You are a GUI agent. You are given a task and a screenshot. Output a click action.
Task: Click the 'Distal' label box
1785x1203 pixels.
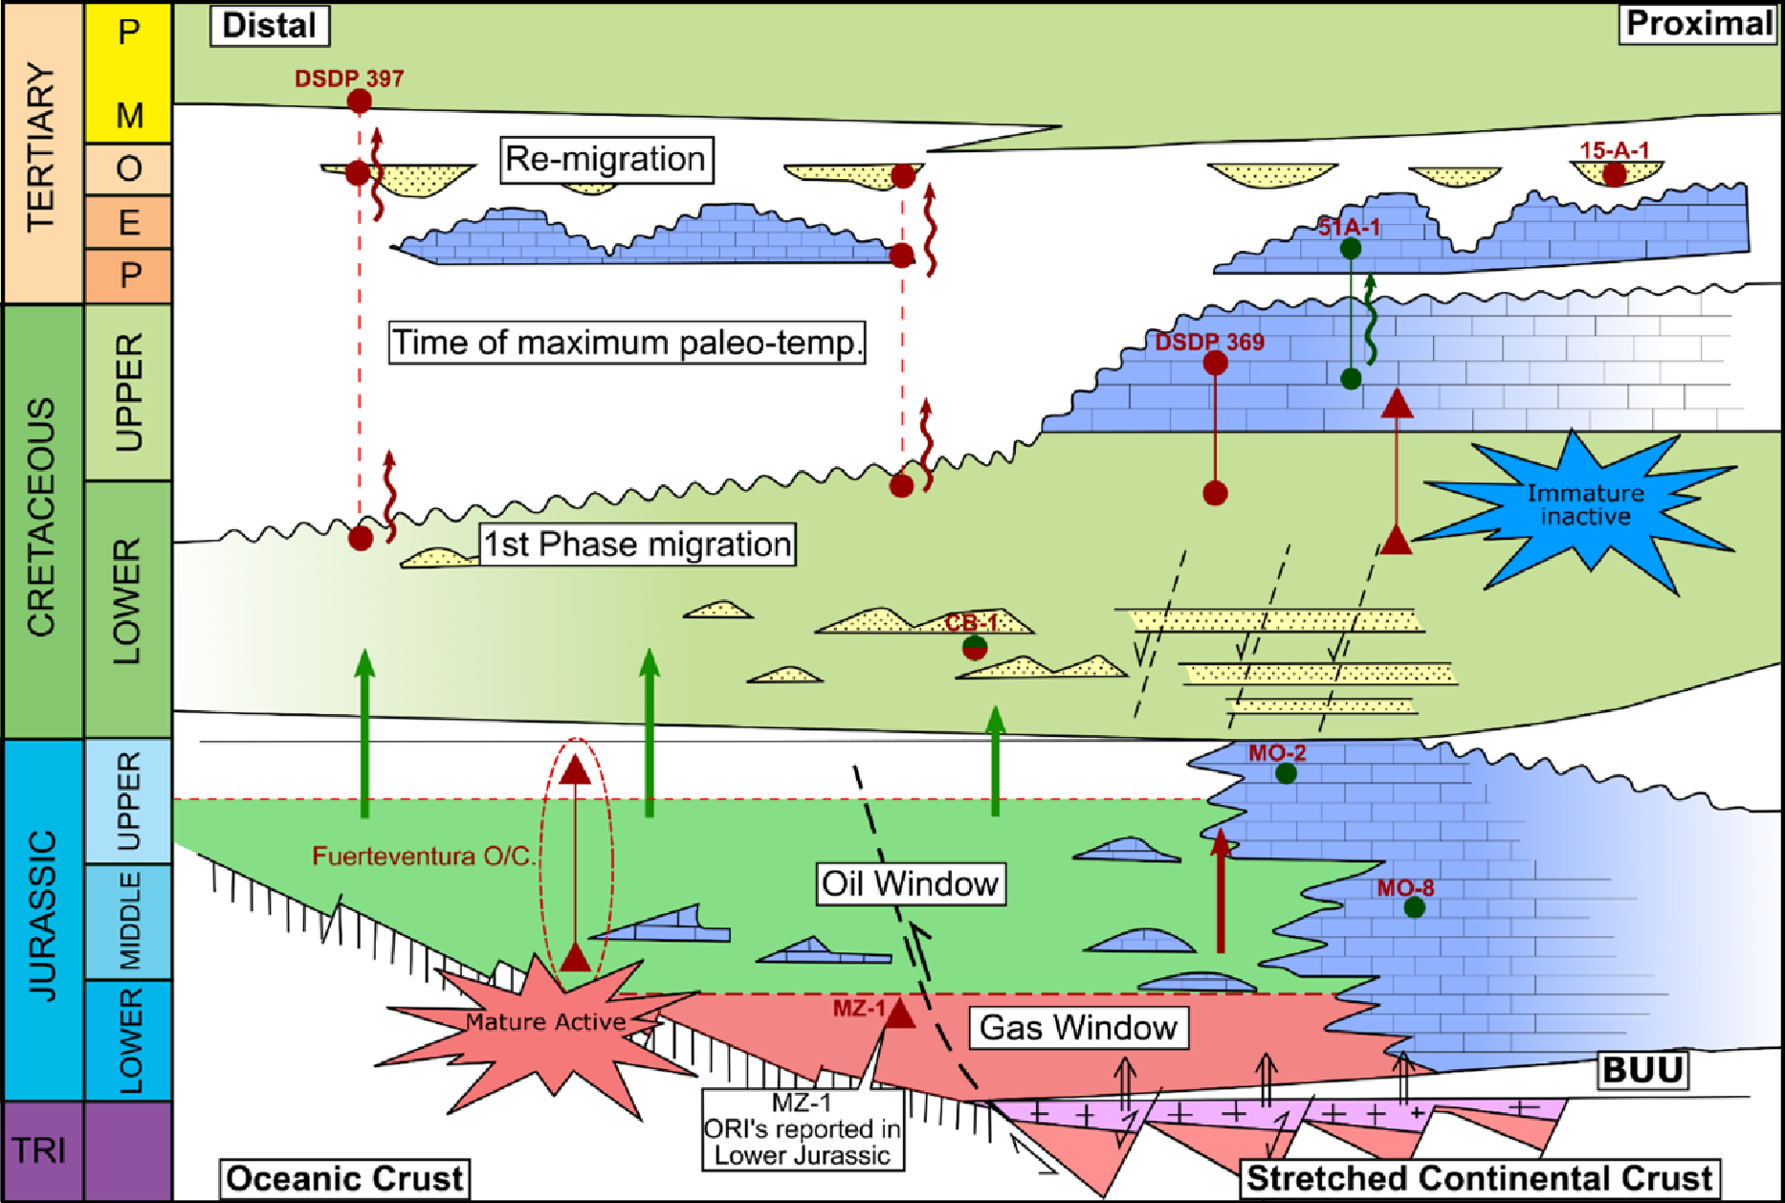269,26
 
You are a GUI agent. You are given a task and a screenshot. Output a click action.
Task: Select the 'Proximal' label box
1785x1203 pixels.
1699,24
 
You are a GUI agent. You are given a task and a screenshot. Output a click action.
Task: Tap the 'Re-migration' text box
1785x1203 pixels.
606,160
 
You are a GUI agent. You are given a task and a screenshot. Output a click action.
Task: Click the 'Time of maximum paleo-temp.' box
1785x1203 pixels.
627,343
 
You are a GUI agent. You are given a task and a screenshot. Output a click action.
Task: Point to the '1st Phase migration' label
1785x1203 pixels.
637,545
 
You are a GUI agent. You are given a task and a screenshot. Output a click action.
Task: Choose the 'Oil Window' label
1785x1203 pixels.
910,883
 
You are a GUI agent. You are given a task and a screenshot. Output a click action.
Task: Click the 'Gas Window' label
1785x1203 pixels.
1078,1028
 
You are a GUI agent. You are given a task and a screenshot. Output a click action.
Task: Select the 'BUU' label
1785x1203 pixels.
1642,1070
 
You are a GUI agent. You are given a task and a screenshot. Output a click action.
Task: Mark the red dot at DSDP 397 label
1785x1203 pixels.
359,101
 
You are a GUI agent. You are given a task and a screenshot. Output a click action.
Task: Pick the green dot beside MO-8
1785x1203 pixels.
1415,907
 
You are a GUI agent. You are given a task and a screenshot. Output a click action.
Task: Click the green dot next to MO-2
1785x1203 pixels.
1286,773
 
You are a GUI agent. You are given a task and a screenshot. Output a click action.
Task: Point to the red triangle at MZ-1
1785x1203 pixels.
898,1013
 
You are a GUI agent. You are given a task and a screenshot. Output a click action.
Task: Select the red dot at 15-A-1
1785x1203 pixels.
1615,175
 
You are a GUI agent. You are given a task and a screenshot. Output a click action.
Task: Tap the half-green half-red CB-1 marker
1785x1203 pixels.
975,648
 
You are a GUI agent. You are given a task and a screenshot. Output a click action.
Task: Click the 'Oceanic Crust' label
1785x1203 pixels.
344,1178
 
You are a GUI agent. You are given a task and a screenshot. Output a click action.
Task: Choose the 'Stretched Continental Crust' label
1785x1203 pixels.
1479,1178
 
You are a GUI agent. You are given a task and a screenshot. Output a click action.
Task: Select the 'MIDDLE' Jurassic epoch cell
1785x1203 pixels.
128,921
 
